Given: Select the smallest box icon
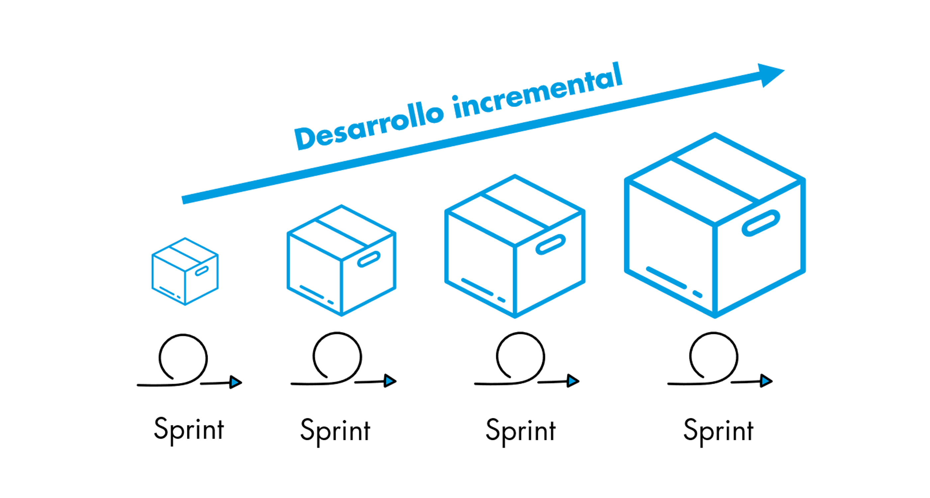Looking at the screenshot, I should click(x=185, y=271).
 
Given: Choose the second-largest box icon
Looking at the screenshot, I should click(x=514, y=246).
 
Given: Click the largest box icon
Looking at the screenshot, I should click(x=715, y=225).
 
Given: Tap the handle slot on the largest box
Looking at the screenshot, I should click(x=761, y=223).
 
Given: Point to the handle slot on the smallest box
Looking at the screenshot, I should click(x=202, y=271).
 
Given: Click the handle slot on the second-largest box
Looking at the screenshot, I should click(x=550, y=244).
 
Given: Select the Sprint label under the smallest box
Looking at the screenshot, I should click(x=189, y=429).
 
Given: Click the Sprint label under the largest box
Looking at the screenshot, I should click(x=718, y=431).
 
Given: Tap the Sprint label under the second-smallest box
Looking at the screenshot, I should click(x=335, y=431).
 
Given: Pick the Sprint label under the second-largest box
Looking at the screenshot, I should click(x=520, y=431).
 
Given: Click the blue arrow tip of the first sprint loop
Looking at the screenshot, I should click(x=235, y=382).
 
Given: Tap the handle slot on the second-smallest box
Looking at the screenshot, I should click(x=369, y=259).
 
